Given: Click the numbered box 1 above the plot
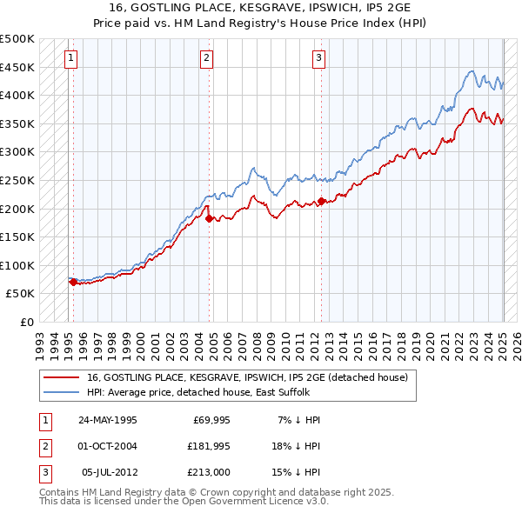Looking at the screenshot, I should [70, 58].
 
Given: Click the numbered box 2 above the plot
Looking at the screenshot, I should [206, 58].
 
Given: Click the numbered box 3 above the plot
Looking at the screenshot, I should [318, 58].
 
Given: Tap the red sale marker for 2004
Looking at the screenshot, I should [210, 218].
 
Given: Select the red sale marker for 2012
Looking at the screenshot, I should [321, 201].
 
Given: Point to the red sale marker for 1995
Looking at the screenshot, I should [73, 282].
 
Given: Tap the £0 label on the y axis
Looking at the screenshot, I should [26, 322].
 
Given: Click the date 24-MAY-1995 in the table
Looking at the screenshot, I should [107, 420].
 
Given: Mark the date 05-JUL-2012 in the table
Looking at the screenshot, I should [109, 472].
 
